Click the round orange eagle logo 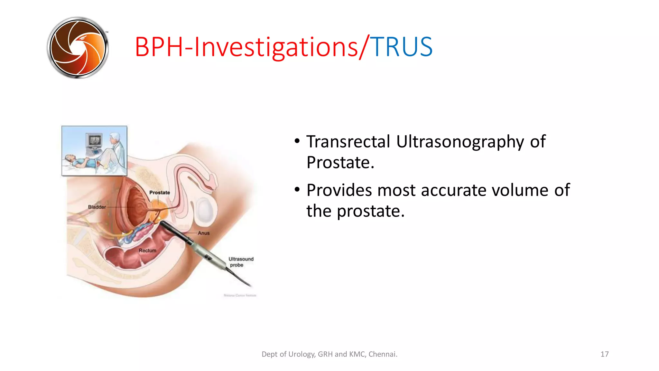[78, 48]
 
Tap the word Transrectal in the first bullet [348, 142]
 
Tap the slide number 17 [604, 354]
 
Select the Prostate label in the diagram [160, 193]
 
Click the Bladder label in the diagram [97, 207]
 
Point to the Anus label [204, 233]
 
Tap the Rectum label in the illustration [147, 250]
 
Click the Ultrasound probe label [241, 262]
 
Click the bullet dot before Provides [297, 190]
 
